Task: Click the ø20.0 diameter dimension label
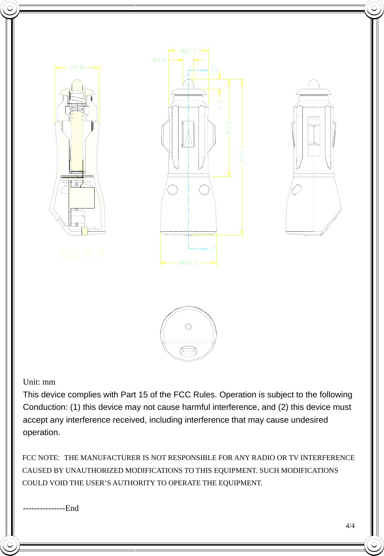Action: point(188,51)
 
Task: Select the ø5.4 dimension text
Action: point(159,60)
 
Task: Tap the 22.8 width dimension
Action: point(77,67)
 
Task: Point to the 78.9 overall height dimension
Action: point(243,157)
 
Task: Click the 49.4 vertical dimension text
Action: point(229,128)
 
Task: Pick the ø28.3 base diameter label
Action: point(188,263)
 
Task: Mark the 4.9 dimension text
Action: point(220,104)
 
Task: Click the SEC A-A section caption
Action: point(83,253)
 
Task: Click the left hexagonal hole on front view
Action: point(172,190)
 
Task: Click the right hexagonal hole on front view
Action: point(204,190)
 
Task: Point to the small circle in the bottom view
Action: point(189,327)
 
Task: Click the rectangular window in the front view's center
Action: point(188,134)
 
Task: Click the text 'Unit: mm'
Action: point(39,382)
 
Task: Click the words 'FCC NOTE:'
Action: point(40,458)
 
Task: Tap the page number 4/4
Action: point(350,526)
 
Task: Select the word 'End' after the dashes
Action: point(72,508)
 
